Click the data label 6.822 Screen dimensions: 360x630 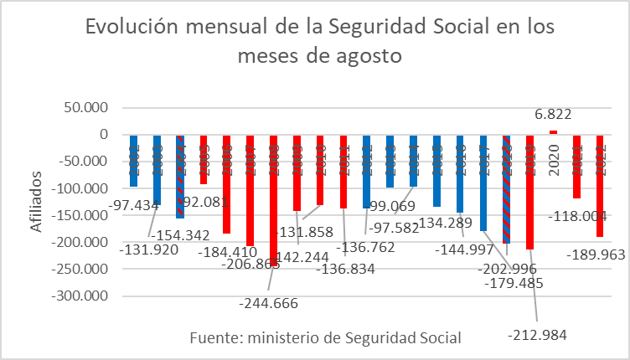point(553,115)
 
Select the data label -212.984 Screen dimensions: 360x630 point(537,335)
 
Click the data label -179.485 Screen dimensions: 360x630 point(514,284)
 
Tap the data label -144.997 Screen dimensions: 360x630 point(465,249)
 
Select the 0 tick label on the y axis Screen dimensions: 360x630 point(103,134)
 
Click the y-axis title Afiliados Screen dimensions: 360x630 point(34,200)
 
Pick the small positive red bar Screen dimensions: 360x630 point(553,132)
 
